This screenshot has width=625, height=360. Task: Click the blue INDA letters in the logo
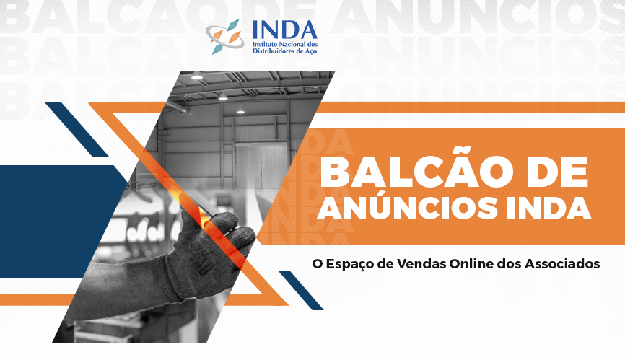[284, 30]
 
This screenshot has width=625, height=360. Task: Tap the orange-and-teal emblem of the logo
[225, 37]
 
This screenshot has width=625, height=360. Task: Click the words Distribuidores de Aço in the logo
[284, 51]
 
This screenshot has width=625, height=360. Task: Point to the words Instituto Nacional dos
[285, 44]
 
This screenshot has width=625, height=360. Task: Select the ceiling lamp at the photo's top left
[196, 76]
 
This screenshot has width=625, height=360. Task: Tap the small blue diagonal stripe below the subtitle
[302, 290]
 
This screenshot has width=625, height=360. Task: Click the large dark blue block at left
[60, 221]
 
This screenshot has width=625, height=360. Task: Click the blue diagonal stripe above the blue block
[76, 129]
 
